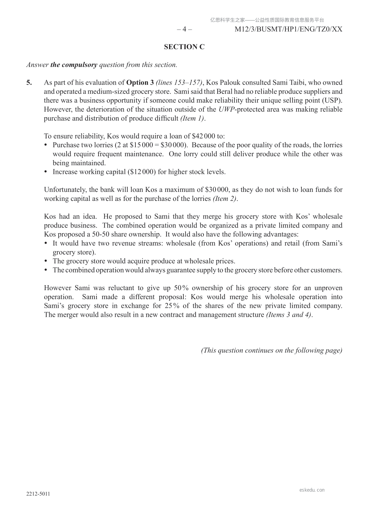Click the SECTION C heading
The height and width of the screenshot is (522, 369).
[x=184, y=47]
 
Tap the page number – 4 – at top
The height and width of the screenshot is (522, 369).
[x=184, y=29]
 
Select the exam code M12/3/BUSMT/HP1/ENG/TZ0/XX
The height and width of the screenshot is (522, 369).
[x=288, y=29]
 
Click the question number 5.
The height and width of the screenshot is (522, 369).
[x=29, y=82]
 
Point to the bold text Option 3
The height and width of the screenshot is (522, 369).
[x=140, y=82]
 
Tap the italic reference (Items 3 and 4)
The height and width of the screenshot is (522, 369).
[x=289, y=315]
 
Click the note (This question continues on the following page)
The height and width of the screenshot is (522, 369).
[x=271, y=350]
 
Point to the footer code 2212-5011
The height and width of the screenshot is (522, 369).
[x=38, y=494]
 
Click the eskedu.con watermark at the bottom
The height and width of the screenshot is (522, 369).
[x=312, y=490]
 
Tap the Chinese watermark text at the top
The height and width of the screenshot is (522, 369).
[x=267, y=20]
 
